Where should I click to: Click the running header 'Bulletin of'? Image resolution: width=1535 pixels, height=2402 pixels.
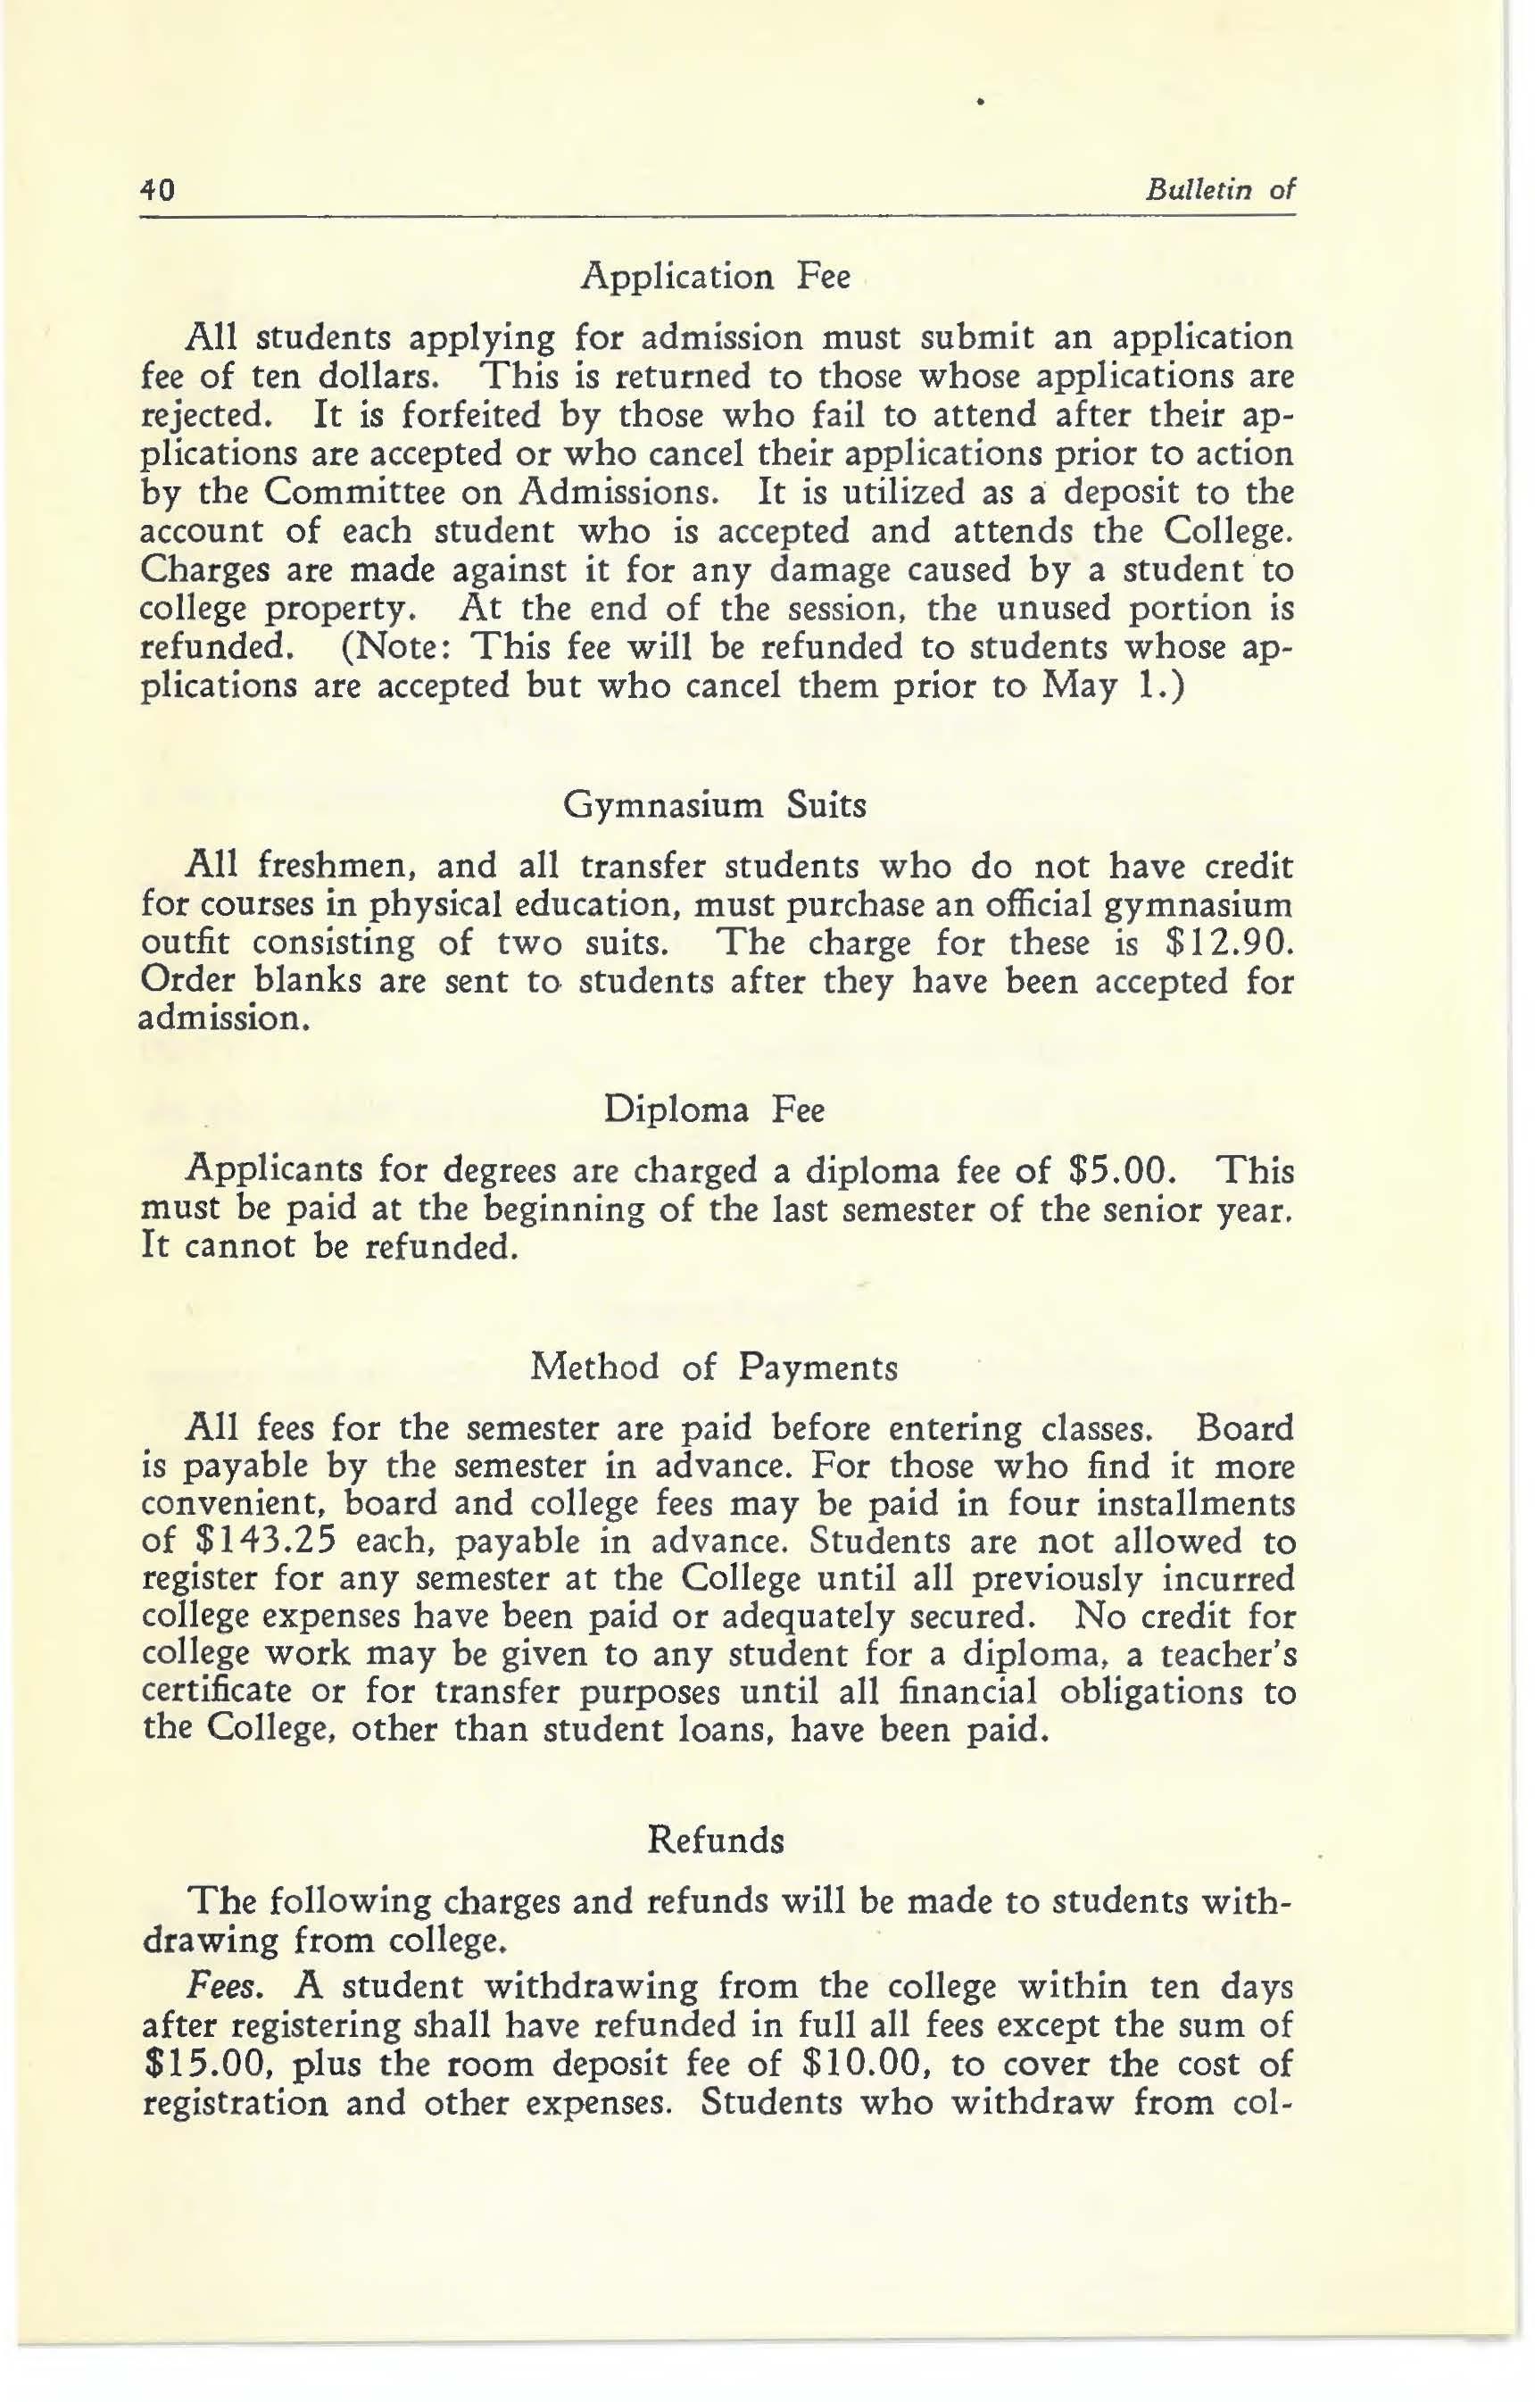tap(1220, 189)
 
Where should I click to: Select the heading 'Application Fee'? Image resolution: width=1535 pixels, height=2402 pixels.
tap(716, 277)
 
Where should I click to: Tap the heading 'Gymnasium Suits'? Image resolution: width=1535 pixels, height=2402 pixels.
tap(715, 804)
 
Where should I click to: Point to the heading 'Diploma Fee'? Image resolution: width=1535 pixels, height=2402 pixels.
tap(714, 1110)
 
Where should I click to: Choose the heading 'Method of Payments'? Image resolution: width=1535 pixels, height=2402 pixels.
tap(714, 1367)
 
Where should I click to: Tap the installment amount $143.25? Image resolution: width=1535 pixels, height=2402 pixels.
tap(262, 1542)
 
